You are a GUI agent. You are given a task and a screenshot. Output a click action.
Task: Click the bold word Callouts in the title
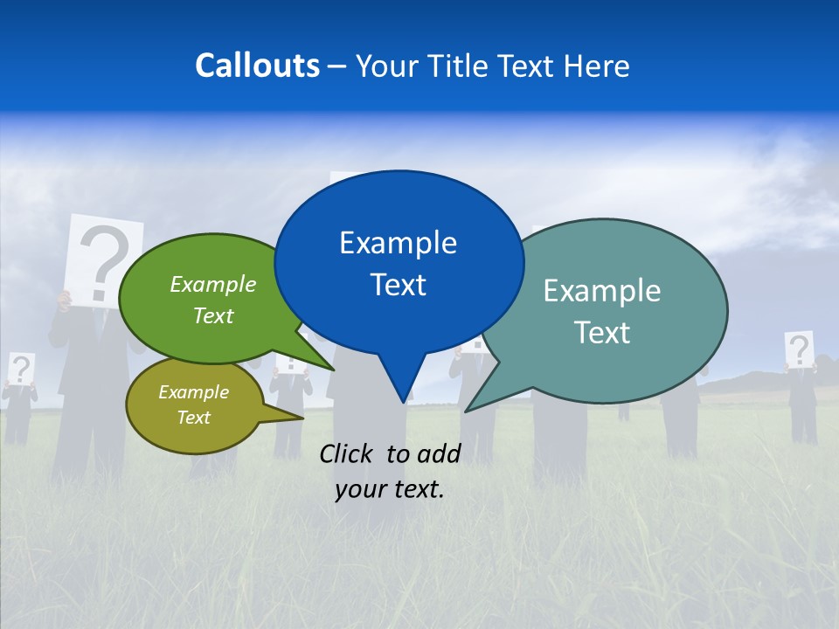[x=257, y=66]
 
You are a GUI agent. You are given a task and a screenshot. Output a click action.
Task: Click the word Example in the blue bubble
[x=398, y=243]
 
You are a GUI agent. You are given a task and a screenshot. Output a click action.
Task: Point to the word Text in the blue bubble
[x=398, y=285]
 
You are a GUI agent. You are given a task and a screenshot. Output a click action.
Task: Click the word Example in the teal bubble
[x=601, y=291]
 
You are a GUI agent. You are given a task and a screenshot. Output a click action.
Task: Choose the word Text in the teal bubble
[x=601, y=333]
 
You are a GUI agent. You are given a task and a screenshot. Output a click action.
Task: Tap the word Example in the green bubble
[x=212, y=285]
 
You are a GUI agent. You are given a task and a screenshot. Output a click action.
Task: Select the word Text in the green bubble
[x=212, y=315]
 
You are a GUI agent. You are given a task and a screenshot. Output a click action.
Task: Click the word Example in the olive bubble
[x=193, y=392]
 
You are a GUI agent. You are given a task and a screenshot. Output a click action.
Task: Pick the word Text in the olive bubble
[x=193, y=418]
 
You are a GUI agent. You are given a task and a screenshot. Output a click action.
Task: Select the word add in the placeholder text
[x=440, y=453]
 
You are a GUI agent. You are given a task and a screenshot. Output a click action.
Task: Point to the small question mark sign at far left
[x=21, y=369]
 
